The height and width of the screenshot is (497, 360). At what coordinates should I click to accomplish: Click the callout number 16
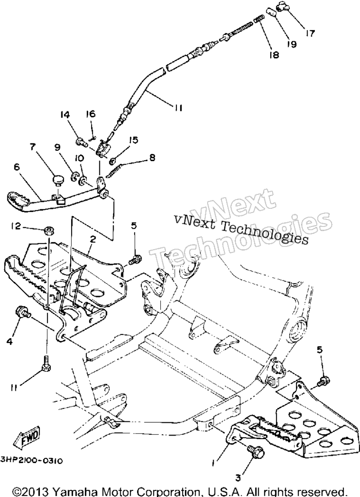[x=91, y=114]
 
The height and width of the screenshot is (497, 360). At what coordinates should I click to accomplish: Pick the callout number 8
[x=152, y=157]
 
